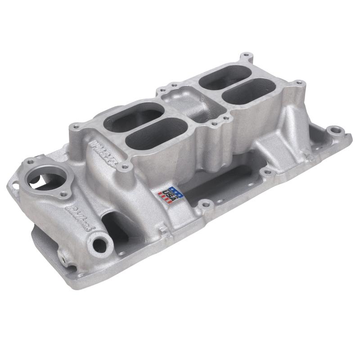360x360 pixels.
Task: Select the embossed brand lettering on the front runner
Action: point(103,152)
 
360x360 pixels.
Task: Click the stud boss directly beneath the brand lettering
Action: point(125,167)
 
